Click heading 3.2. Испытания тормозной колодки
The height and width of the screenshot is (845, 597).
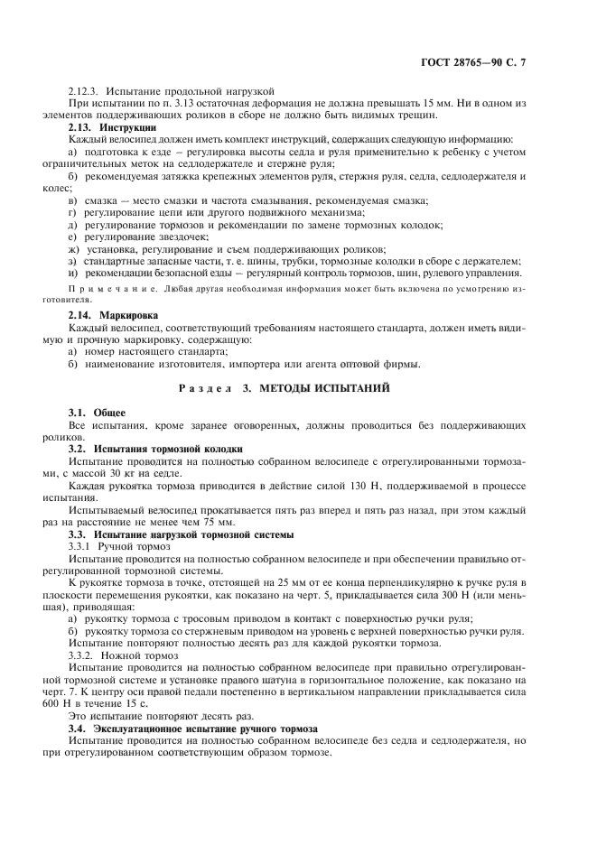tap(155, 448)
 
